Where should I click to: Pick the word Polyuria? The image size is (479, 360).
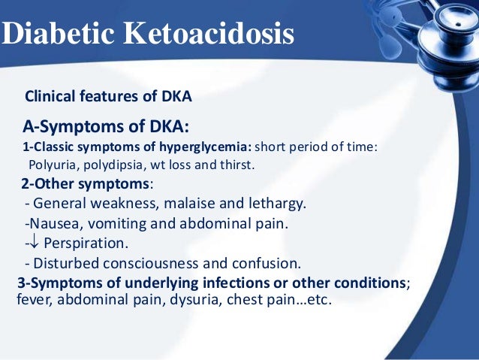point(52,165)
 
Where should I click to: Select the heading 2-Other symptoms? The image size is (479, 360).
point(86,184)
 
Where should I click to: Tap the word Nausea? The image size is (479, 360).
point(53,224)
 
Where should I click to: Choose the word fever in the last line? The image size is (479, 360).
point(32,298)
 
